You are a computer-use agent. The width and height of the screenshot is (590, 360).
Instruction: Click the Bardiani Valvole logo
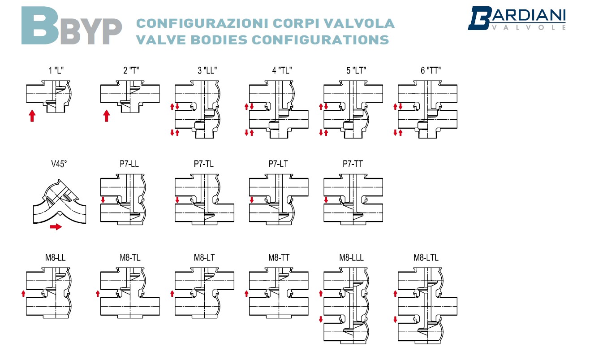[x=517, y=19]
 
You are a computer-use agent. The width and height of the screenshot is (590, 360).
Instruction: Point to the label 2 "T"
[x=131, y=70]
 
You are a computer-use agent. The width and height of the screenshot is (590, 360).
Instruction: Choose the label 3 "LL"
[x=207, y=70]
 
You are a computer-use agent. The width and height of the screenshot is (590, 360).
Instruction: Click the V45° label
[x=59, y=164]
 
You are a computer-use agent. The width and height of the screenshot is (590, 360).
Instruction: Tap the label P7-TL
[x=204, y=164]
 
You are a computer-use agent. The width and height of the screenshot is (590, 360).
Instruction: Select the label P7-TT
[x=353, y=164]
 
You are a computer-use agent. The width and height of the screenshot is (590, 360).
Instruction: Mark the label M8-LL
[x=55, y=257]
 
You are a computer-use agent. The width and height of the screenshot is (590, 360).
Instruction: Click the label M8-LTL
[x=426, y=257]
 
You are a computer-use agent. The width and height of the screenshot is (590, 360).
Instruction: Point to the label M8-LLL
[x=351, y=257]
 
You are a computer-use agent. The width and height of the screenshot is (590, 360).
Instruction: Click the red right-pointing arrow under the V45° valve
[x=56, y=227]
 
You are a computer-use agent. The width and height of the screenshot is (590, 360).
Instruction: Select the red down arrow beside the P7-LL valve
[x=103, y=200]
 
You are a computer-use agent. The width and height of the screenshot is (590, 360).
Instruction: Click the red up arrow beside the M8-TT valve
[x=246, y=294]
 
